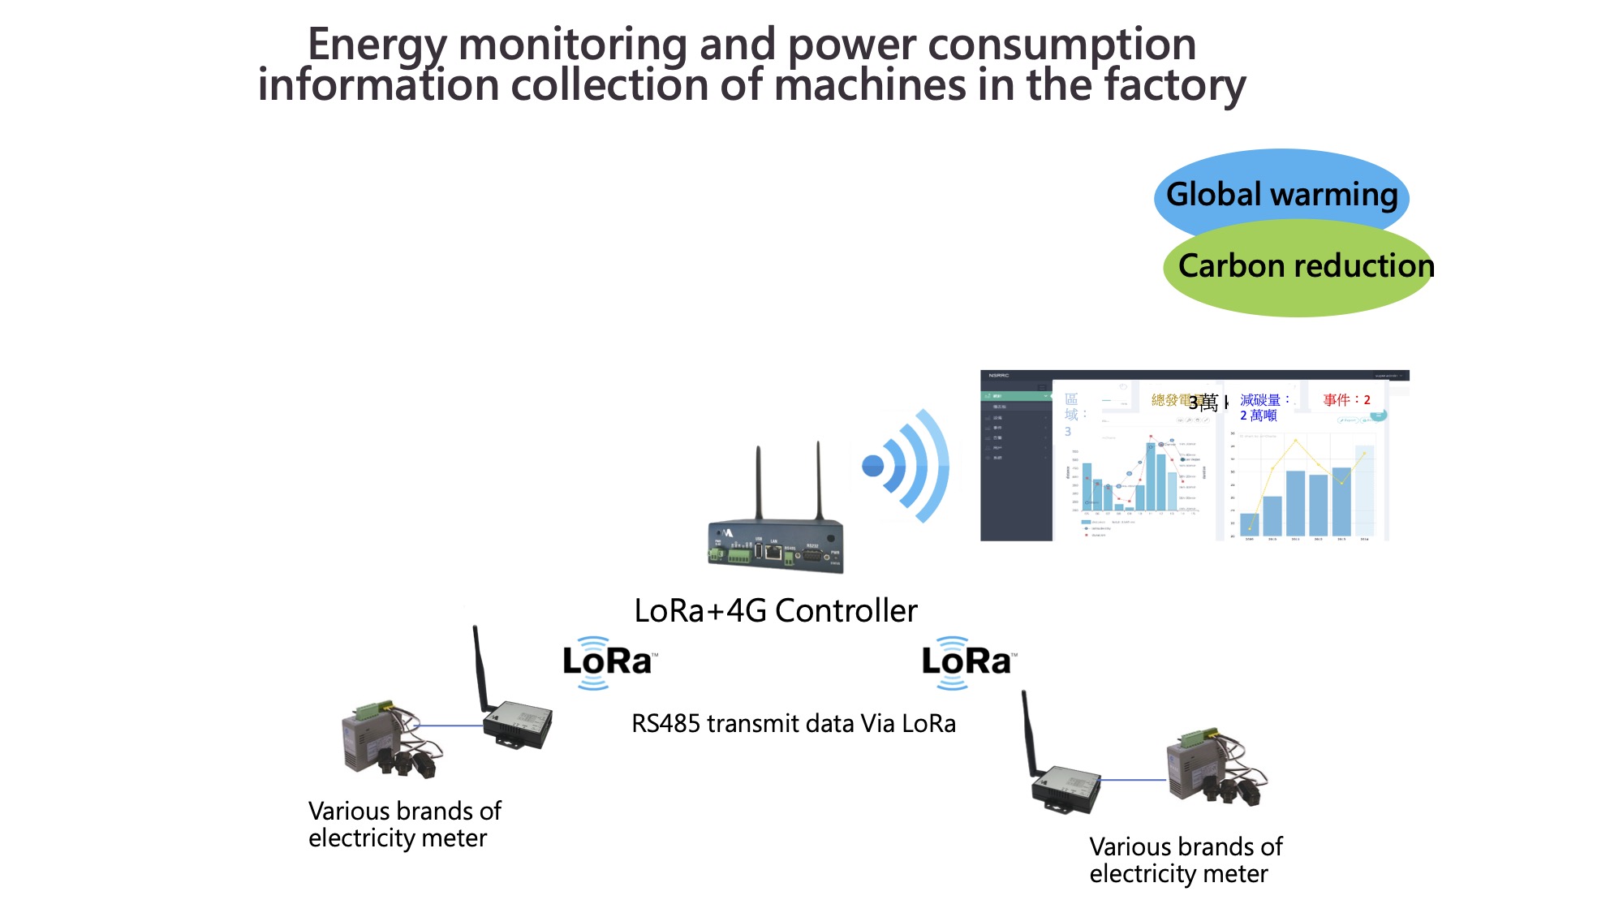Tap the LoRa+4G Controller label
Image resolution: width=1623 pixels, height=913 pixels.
coord(775,611)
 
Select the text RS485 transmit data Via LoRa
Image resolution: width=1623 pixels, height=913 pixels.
coord(793,723)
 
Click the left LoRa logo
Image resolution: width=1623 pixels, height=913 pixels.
coord(609,662)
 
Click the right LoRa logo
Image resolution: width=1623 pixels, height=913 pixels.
coord(967,662)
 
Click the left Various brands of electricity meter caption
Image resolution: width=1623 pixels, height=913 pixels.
coord(404,824)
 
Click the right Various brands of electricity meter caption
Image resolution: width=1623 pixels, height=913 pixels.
coord(1185,859)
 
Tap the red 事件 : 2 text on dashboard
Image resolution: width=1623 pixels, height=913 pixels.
coord(1346,400)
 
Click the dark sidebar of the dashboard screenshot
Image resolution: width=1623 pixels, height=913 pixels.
coord(1015,471)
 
